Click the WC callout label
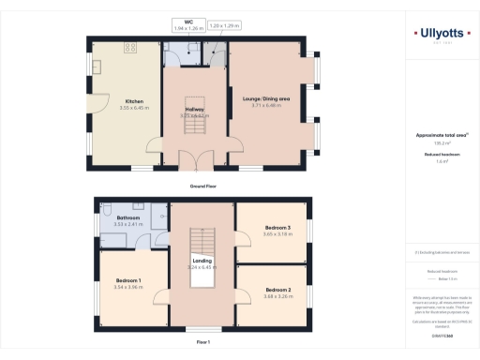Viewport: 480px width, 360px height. (187, 22)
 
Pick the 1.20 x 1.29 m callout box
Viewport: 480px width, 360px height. (224, 24)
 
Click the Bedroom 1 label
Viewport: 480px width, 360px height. (128, 280)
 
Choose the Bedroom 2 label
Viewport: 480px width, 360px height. (277, 289)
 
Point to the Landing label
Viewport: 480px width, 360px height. (202, 260)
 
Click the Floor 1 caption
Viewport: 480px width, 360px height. (202, 342)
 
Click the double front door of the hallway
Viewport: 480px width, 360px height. (196, 160)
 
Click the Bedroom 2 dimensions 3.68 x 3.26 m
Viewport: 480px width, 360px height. (277, 295)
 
